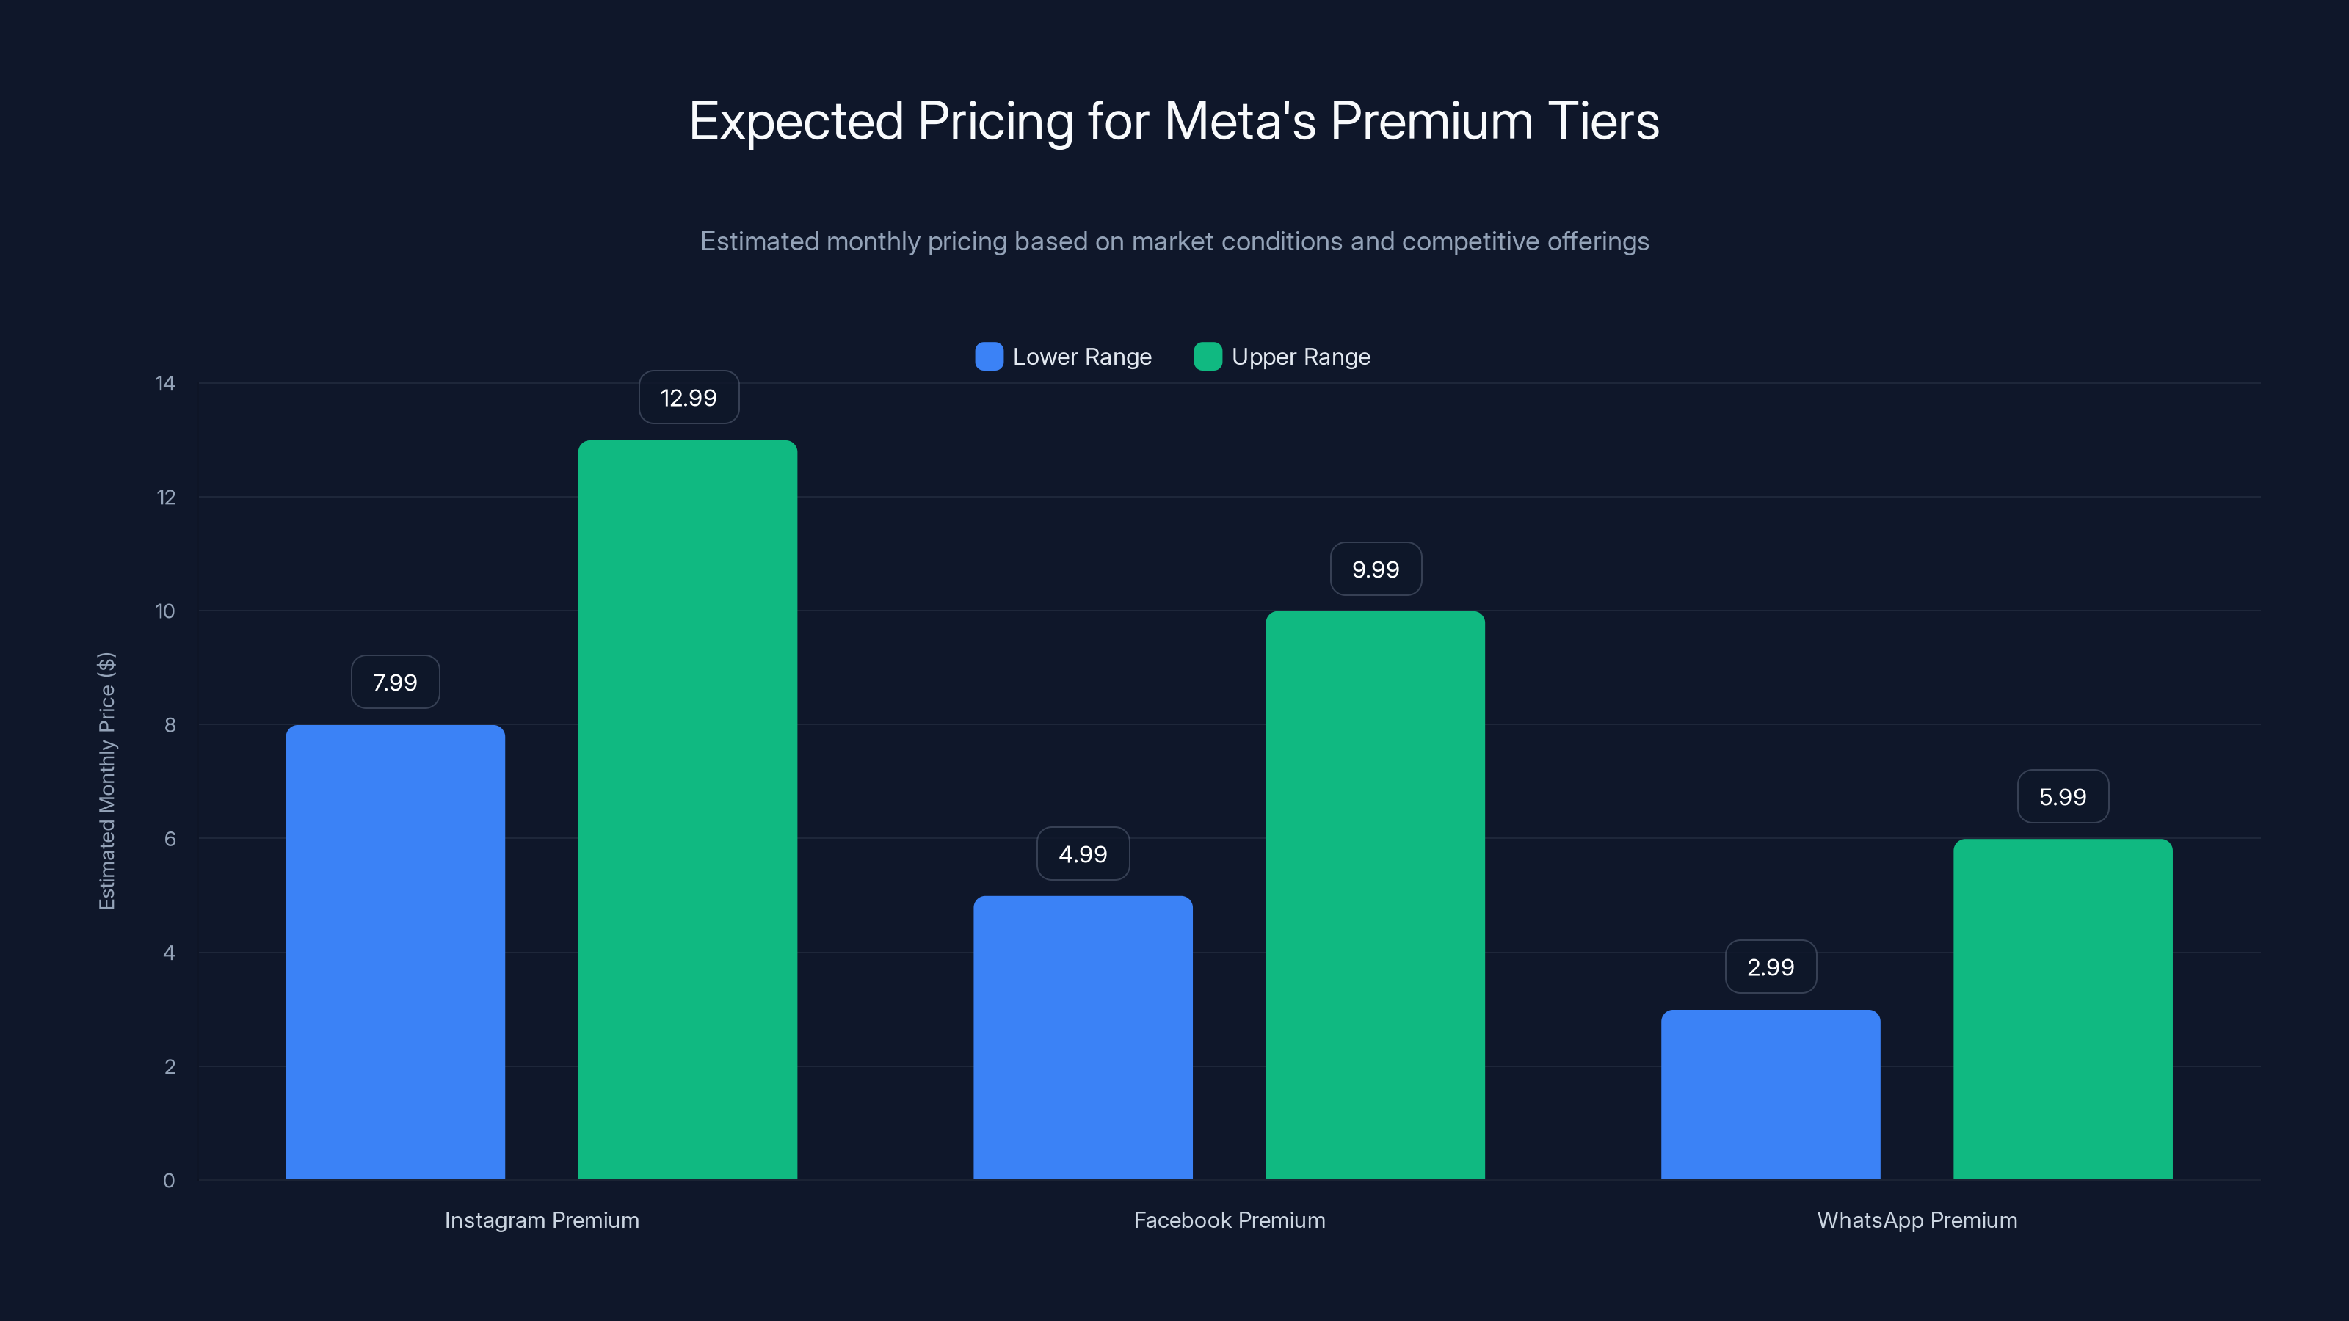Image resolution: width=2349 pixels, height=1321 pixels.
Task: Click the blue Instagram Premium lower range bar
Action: point(395,952)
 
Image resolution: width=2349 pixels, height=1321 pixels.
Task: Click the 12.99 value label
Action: point(689,398)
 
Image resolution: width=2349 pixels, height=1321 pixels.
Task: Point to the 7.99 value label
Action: point(395,682)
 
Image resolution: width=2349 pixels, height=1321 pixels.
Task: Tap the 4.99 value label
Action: point(1083,854)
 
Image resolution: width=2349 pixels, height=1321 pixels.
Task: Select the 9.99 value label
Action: point(1375,569)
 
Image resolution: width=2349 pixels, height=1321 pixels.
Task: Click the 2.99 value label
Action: point(1770,967)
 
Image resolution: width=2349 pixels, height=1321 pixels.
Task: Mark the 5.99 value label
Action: point(2063,797)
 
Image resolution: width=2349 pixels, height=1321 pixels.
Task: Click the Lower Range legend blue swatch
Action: point(989,357)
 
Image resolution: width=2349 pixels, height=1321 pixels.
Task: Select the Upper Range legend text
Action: point(1300,357)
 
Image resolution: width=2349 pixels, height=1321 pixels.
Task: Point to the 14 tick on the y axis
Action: point(165,384)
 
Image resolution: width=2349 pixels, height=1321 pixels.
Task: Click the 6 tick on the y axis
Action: point(170,839)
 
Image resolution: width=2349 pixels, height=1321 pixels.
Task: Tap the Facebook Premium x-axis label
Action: point(1230,1220)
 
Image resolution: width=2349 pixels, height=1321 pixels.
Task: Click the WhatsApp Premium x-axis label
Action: point(1917,1220)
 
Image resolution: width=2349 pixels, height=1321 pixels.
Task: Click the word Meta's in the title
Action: point(1240,121)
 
